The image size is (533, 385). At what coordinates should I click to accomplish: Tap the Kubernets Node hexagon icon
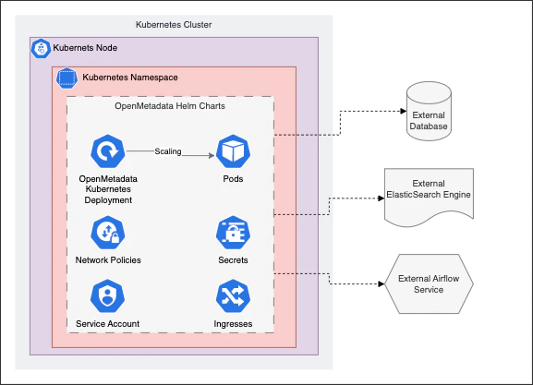pyautogui.click(x=41, y=48)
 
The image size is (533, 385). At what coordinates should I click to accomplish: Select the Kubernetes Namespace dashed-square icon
pyautogui.click(x=67, y=78)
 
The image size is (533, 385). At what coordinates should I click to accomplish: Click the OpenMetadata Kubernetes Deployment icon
pyautogui.click(x=108, y=150)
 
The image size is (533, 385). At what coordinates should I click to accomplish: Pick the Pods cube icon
pyautogui.click(x=232, y=150)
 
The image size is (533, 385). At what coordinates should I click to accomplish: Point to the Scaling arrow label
pyautogui.click(x=168, y=150)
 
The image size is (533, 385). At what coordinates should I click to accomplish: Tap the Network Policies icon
pyautogui.click(x=108, y=233)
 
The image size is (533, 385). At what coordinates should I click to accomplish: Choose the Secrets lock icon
pyautogui.click(x=232, y=233)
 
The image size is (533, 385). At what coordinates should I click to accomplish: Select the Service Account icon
pyautogui.click(x=108, y=296)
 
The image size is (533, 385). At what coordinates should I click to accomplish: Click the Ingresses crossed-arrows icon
pyautogui.click(x=232, y=296)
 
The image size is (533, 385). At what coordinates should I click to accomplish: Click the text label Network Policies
pyautogui.click(x=108, y=260)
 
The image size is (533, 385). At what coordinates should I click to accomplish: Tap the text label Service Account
pyautogui.click(x=108, y=323)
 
